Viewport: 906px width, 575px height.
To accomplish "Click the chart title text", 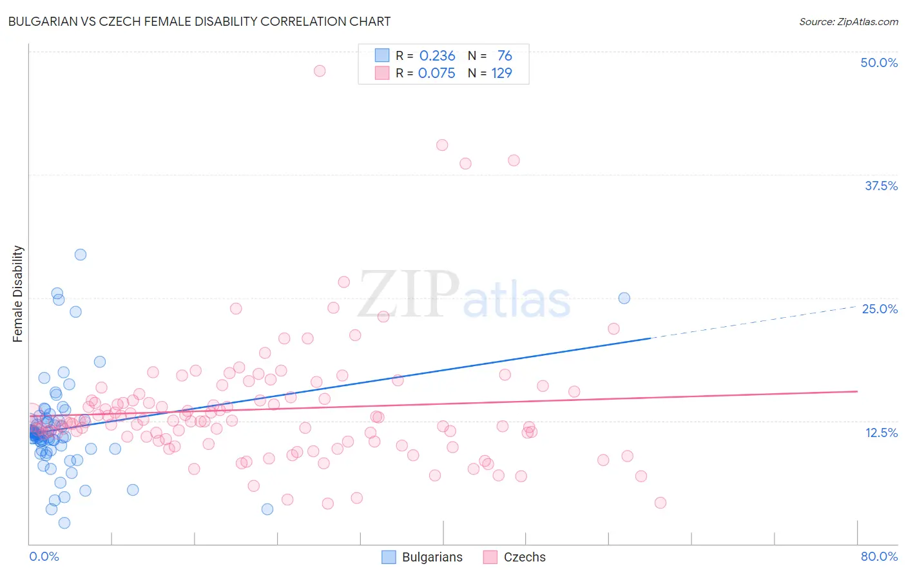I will (199, 21).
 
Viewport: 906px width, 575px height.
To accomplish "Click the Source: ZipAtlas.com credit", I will (848, 21).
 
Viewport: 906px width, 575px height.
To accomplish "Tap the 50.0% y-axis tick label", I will (879, 63).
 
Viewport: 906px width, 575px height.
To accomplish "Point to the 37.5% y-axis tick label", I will (881, 186).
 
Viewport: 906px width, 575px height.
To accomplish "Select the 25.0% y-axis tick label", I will (880, 309).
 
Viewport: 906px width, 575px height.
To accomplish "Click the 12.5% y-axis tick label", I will (881, 433).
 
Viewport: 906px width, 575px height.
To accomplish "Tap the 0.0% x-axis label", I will (44, 556).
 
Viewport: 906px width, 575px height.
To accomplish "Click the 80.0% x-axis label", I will (879, 556).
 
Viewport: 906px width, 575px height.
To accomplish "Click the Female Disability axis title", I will (18, 294).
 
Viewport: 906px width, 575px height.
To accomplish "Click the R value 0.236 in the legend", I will (437, 55).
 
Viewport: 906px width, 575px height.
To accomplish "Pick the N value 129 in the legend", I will (501, 73).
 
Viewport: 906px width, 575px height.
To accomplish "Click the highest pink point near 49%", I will (320, 71).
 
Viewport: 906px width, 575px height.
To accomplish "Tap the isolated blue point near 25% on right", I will (624, 298).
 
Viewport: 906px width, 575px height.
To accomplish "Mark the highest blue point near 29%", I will (81, 255).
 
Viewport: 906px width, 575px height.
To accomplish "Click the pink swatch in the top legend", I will (382, 73).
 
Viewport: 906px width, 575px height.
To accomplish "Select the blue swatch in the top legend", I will (382, 55).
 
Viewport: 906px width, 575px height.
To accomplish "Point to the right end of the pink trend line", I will (857, 391).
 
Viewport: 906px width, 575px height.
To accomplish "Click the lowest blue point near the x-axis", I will (64, 523).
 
